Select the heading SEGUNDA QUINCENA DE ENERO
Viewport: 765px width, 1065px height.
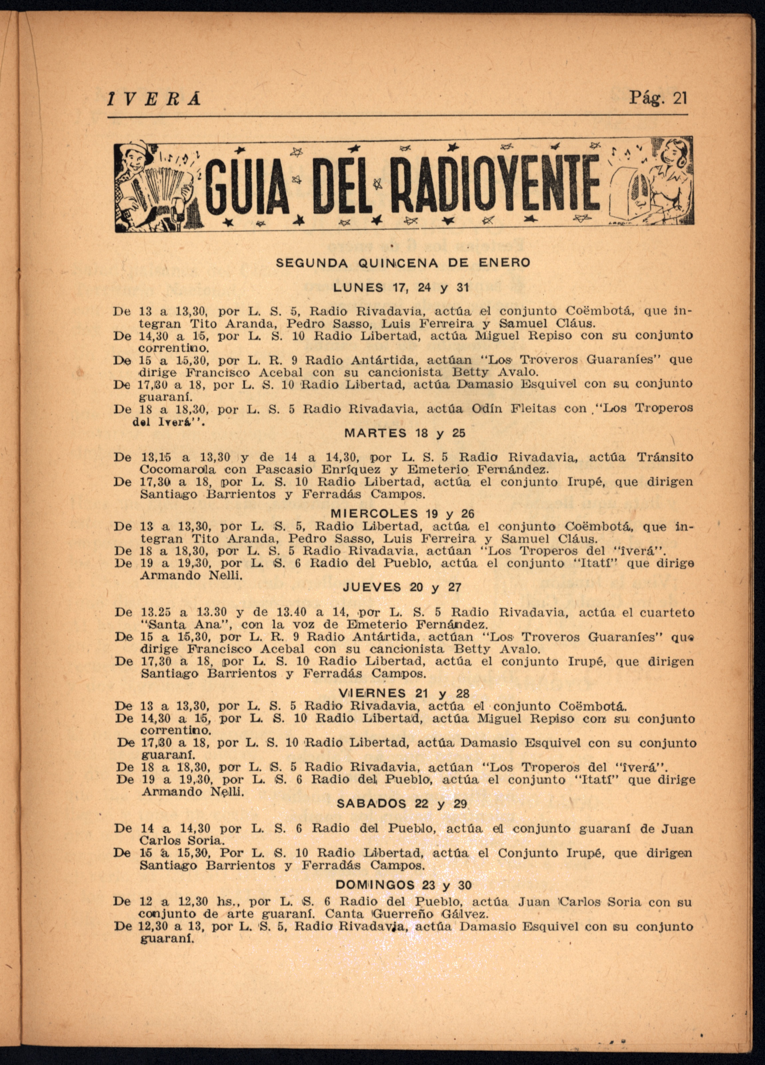[x=403, y=263]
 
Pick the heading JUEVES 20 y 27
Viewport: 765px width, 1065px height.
[x=402, y=587]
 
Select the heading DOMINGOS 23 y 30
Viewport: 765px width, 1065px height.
[x=403, y=885]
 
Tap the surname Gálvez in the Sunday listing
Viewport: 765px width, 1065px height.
[x=472, y=914]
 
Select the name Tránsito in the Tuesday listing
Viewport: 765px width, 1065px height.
[x=666, y=456]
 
